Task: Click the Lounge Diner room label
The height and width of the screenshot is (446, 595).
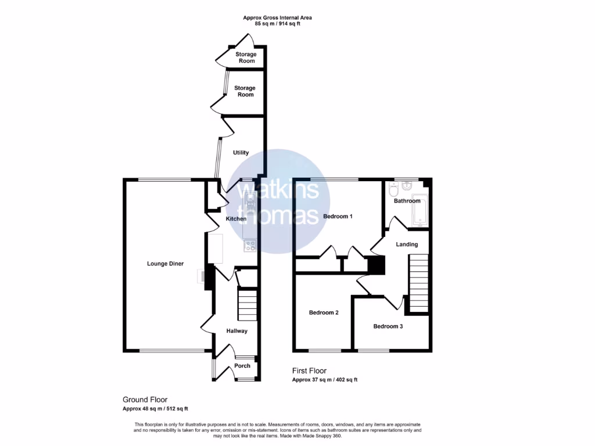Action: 165,264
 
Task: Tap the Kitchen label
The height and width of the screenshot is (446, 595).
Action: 236,219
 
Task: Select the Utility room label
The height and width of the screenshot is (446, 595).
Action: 241,153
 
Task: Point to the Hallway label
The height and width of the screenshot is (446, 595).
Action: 237,331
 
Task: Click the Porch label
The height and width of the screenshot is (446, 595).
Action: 242,366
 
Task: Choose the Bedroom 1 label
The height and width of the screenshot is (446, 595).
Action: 338,217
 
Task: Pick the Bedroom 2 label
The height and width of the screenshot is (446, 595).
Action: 324,312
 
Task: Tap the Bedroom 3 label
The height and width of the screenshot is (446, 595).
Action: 388,326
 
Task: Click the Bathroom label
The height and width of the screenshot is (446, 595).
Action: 407,201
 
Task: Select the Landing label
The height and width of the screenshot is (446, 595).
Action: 407,244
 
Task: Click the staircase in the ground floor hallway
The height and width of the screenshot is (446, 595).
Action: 248,301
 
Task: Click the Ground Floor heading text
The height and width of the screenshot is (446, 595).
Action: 145,400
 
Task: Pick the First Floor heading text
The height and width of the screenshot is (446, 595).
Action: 309,371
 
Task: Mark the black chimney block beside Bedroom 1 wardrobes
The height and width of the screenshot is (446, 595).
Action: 376,265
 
